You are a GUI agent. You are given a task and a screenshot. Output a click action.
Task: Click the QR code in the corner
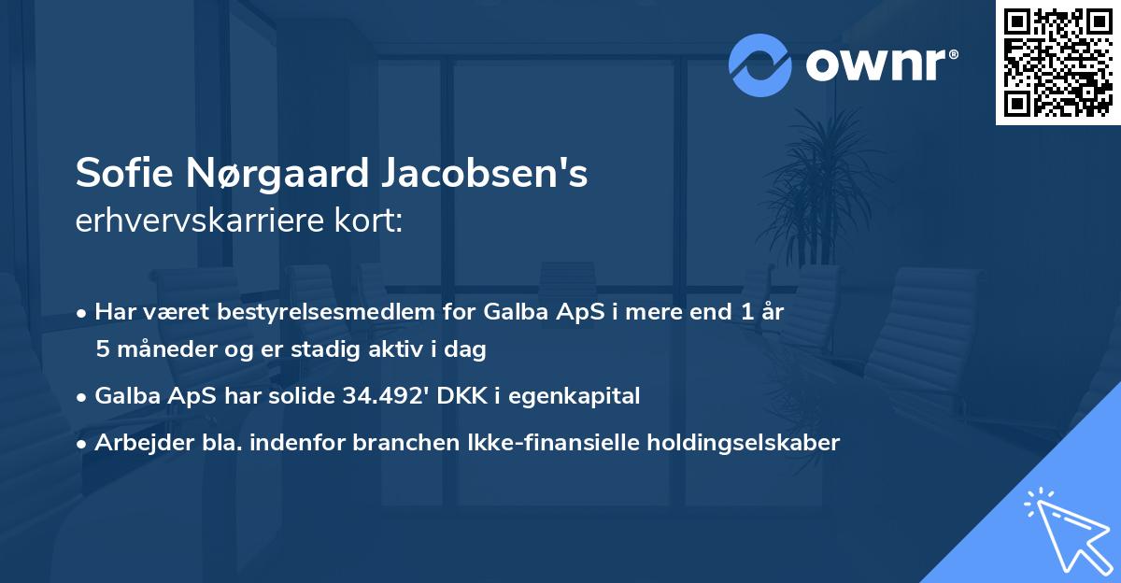pos(1058,63)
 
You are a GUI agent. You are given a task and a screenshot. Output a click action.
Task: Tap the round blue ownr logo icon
pos(760,65)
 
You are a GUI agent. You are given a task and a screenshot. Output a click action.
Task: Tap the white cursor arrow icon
pos(1065,529)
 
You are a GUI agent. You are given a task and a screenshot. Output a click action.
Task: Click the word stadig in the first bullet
pos(309,350)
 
